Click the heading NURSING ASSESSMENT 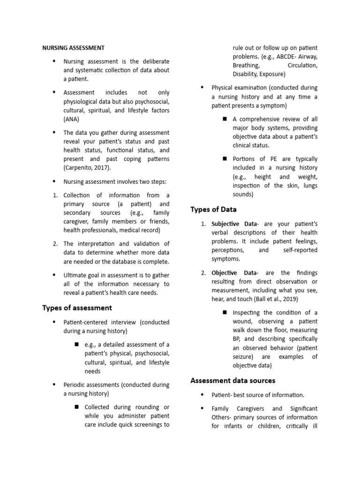[73, 48]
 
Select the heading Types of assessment [77, 308]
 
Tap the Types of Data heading [213, 210]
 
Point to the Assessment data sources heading [232, 381]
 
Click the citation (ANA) [72, 120]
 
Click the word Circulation [302, 66]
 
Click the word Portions [245, 159]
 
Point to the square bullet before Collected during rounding [77, 406]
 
